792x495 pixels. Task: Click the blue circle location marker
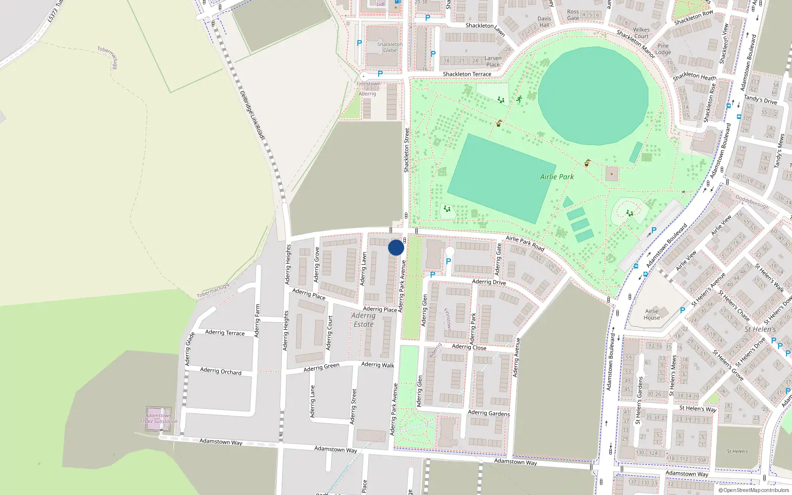coord(396,247)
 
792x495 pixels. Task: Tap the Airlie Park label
coord(557,177)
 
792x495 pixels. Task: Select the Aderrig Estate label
coord(363,320)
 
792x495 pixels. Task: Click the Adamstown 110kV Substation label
coord(158,419)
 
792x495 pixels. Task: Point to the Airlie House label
coord(651,314)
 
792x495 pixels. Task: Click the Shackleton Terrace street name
coord(467,74)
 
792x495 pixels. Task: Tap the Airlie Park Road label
coord(525,243)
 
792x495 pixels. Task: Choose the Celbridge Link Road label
coord(252,114)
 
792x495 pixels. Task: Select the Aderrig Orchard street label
coord(221,371)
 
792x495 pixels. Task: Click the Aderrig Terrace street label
coord(225,333)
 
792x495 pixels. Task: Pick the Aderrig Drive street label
coord(489,282)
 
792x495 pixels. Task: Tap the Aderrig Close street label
coord(469,347)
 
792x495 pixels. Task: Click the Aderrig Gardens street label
coord(489,413)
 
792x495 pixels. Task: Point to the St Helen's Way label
coord(697,408)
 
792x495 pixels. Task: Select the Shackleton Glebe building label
coord(390,47)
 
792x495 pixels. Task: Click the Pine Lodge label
coord(663,49)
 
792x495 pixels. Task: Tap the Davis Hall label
coord(544,22)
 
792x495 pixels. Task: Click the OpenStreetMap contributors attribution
coord(754,490)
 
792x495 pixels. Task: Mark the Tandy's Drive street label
coord(760,100)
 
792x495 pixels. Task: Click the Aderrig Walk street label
coord(378,365)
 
